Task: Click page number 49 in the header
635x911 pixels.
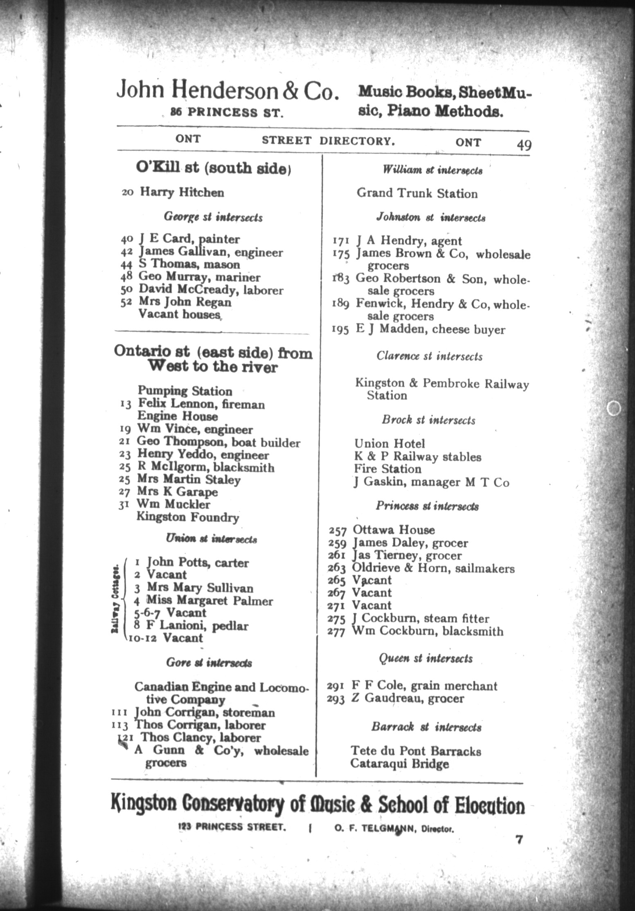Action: coord(524,145)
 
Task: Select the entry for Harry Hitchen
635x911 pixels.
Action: coord(182,192)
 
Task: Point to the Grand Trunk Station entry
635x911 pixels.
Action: coord(417,193)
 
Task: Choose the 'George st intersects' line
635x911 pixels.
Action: coord(213,217)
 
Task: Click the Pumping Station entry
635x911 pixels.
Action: coord(185,391)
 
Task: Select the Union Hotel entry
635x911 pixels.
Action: coord(390,444)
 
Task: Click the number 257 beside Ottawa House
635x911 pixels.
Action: coord(338,531)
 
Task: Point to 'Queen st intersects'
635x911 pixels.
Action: coord(426,659)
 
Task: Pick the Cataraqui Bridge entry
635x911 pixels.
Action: coord(399,764)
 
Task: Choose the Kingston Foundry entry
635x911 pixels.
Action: coord(187,517)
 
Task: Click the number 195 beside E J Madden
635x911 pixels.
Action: coord(340,330)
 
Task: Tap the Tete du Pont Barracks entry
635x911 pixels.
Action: coord(416,751)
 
